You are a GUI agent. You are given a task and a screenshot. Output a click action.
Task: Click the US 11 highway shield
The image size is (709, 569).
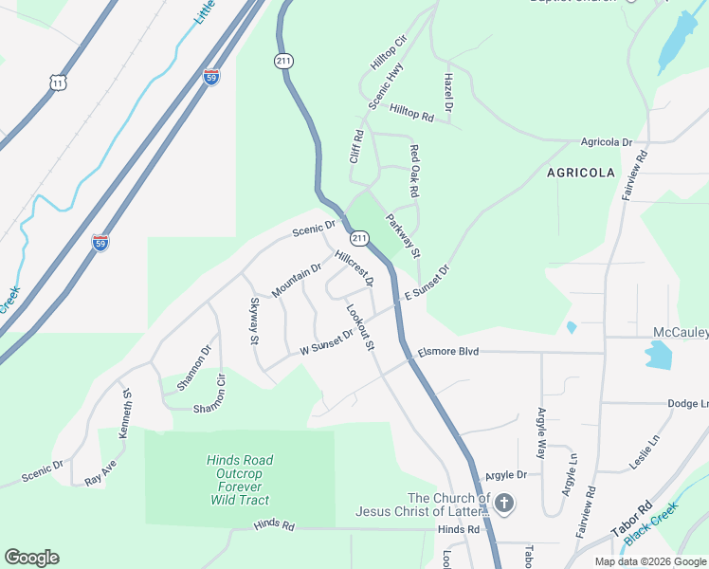(x=59, y=84)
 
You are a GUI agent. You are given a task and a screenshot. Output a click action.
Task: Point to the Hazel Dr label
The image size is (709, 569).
(x=448, y=93)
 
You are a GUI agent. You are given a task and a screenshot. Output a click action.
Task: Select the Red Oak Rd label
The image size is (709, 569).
(x=414, y=171)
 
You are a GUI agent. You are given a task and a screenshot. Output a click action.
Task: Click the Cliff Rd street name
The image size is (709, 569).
(x=357, y=147)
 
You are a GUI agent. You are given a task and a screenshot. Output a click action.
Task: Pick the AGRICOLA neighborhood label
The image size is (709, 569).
(x=581, y=173)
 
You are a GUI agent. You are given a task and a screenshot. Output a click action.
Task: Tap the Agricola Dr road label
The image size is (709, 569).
(x=607, y=142)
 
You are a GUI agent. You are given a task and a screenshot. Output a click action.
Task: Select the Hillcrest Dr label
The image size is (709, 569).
(x=354, y=268)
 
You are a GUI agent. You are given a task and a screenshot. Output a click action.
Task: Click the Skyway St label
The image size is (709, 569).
(x=253, y=321)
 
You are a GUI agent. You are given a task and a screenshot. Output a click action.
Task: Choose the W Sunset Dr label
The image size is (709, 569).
(x=326, y=341)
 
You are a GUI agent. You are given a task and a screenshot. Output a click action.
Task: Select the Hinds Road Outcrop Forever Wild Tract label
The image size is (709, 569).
(x=238, y=480)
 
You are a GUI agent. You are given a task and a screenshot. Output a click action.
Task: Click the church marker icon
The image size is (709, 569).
(x=503, y=503)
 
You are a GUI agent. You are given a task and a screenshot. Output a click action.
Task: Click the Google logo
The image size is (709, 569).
(x=31, y=558)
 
